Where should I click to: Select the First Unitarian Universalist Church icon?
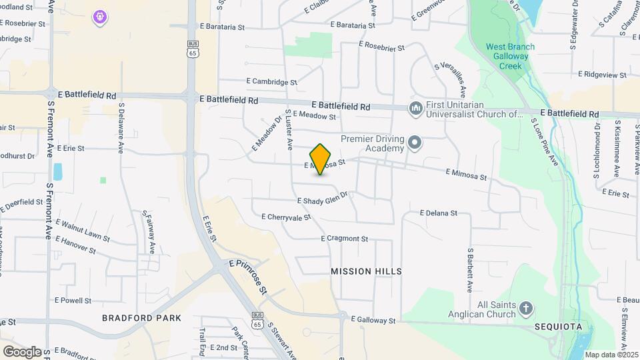[415, 108]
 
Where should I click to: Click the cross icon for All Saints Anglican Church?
[526, 308]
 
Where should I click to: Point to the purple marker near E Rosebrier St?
[100, 15]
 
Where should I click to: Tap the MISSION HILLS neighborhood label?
[367, 271]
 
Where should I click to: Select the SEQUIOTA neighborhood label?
[559, 327]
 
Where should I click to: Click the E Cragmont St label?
[345, 239]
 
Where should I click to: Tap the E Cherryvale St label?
[287, 217]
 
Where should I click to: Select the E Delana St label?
[438, 213]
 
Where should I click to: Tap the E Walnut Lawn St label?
[83, 229]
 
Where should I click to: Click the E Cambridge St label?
[274, 82]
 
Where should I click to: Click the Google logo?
[22, 351]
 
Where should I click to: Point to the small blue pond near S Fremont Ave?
[58, 171]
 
